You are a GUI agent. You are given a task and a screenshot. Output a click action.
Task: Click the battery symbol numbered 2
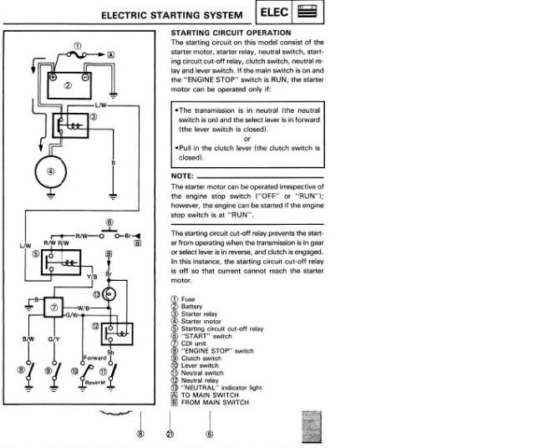(x=69, y=84)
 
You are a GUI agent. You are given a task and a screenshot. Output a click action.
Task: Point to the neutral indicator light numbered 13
(x=109, y=295)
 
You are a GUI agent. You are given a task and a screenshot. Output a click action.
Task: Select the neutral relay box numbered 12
(x=118, y=334)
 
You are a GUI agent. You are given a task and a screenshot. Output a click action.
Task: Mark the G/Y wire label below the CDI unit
(x=54, y=340)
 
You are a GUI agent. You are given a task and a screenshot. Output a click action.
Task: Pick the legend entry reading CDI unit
(x=195, y=343)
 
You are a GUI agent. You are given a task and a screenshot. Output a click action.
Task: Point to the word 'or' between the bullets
(x=247, y=139)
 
